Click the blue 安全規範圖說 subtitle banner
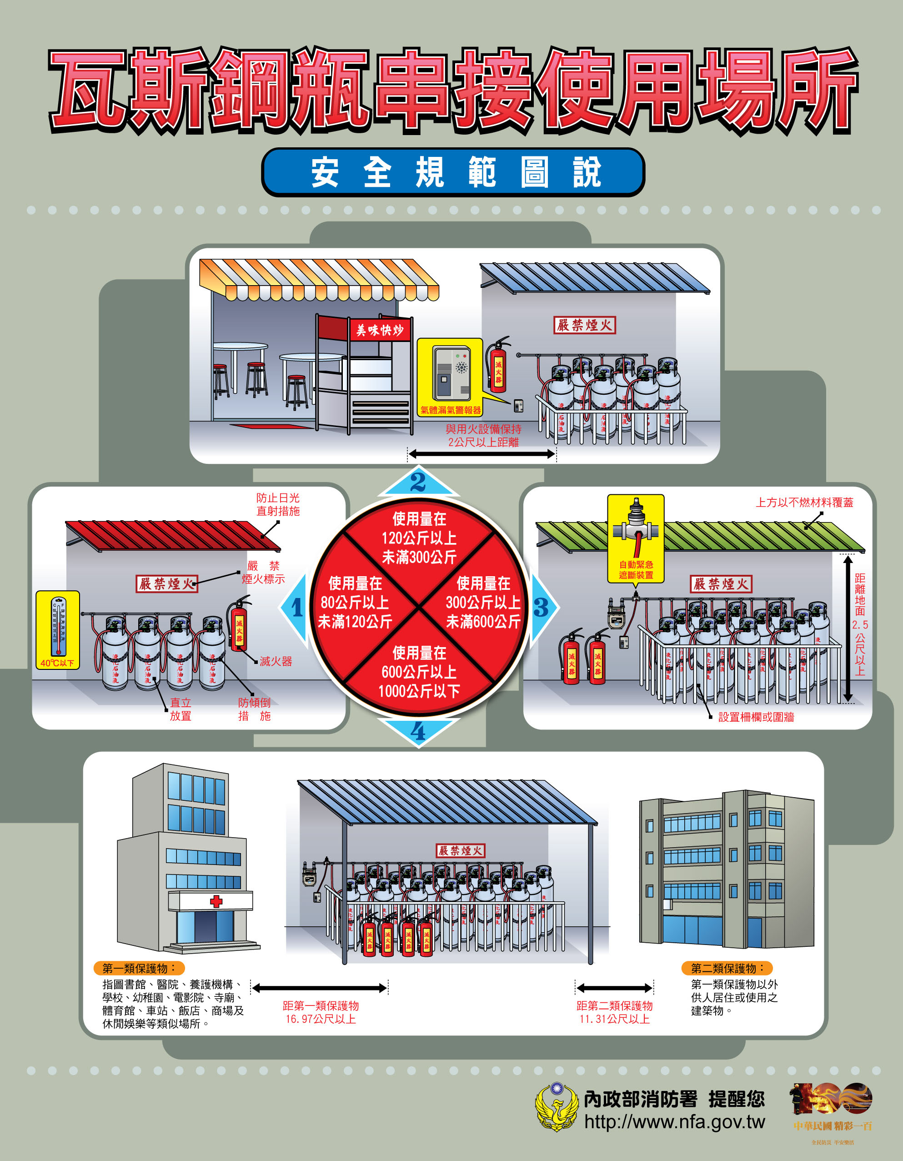453,172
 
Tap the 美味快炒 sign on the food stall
380,330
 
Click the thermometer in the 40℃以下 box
58,627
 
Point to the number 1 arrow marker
296,608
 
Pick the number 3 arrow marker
541,608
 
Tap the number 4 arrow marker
418,731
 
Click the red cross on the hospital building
216,901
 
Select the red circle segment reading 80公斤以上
355,602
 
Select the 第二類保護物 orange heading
727,968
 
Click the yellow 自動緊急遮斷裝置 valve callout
636,538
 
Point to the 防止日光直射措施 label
278,504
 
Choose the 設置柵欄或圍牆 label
756,717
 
